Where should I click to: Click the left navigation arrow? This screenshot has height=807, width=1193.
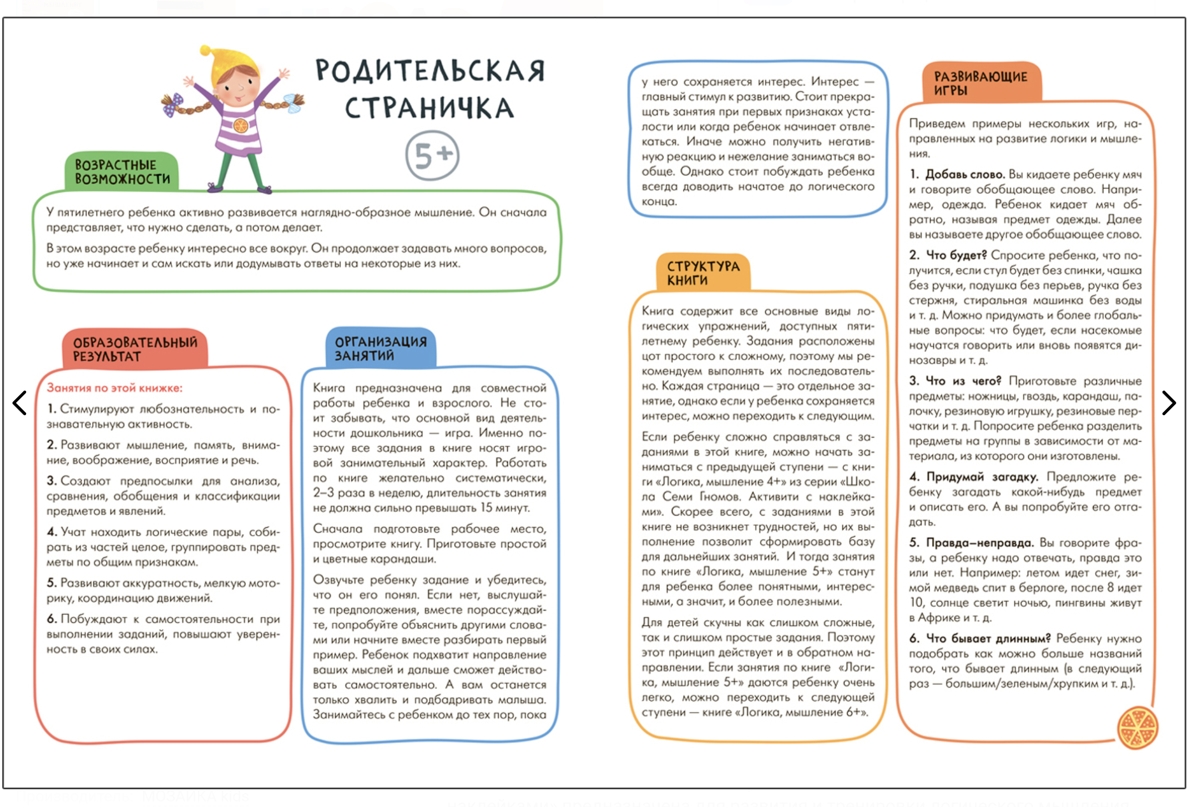click(x=20, y=403)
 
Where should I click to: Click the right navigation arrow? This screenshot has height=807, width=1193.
click(x=1169, y=403)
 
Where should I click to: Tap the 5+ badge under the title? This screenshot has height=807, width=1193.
click(x=432, y=155)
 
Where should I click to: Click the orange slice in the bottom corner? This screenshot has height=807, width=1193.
click(x=1138, y=728)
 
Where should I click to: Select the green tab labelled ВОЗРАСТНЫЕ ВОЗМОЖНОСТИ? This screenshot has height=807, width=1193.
click(x=122, y=172)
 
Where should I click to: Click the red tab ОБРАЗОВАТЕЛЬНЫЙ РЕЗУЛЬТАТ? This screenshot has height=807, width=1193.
click(x=135, y=349)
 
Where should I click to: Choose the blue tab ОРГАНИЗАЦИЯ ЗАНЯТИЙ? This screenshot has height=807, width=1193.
click(x=381, y=349)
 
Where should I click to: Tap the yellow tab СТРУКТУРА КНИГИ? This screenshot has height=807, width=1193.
click(x=703, y=273)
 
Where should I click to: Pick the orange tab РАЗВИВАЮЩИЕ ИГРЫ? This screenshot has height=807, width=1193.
click(x=980, y=83)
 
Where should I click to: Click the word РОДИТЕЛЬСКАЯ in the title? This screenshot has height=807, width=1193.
click(x=430, y=71)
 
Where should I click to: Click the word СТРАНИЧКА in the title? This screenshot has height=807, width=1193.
click(x=429, y=108)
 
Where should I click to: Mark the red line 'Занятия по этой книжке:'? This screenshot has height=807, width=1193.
click(x=114, y=388)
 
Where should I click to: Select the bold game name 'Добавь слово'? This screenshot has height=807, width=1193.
click(x=964, y=174)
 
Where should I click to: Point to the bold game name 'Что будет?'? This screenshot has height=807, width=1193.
click(x=957, y=255)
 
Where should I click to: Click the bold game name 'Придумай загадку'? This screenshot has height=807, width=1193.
click(x=982, y=477)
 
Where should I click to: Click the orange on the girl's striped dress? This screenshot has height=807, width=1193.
click(x=240, y=125)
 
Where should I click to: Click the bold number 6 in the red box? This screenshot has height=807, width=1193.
click(x=52, y=619)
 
